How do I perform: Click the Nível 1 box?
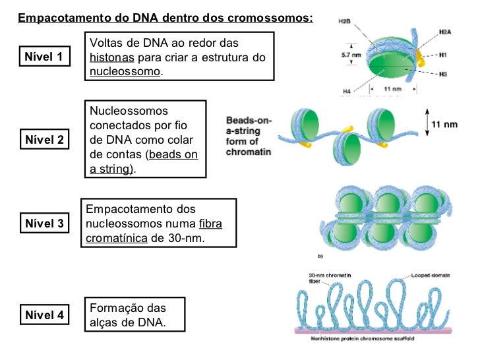coord(44,57)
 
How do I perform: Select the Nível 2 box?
coord(44,140)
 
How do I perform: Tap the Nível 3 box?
coord(44,224)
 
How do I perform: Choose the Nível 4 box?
coord(44,315)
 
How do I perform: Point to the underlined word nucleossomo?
coord(124,71)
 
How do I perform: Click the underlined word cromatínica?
coord(116,237)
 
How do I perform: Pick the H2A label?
coord(445,31)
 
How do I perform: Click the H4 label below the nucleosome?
coord(347,91)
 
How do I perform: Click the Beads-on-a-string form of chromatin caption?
coord(249,136)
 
